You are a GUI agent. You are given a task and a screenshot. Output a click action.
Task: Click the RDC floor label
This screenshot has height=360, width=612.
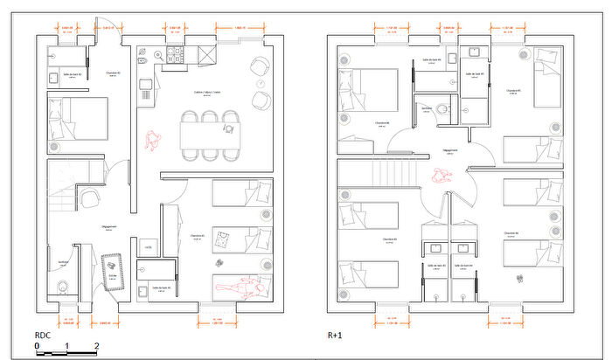44,335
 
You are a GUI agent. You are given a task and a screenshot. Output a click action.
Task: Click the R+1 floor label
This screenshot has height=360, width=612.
335,335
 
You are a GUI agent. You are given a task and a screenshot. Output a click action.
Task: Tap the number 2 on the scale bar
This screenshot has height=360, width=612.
97,346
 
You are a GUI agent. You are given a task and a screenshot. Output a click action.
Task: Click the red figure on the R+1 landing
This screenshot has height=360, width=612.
439,176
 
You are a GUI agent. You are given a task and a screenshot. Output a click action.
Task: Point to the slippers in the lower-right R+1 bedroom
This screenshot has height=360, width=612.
522,278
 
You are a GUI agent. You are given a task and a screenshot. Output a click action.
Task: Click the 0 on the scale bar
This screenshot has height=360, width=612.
38,346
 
